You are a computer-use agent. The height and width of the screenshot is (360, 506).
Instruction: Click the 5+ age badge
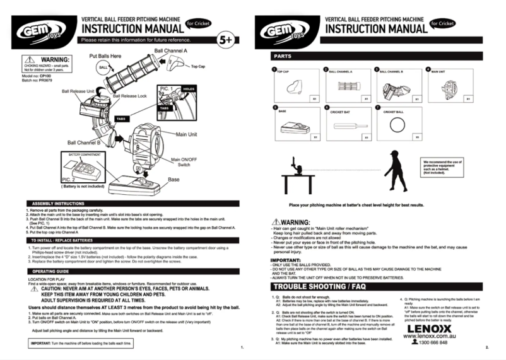(x=225, y=40)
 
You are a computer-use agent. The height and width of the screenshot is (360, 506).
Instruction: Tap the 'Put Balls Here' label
(x=109, y=55)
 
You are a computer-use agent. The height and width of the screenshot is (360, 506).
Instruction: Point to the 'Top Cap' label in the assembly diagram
(x=198, y=66)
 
